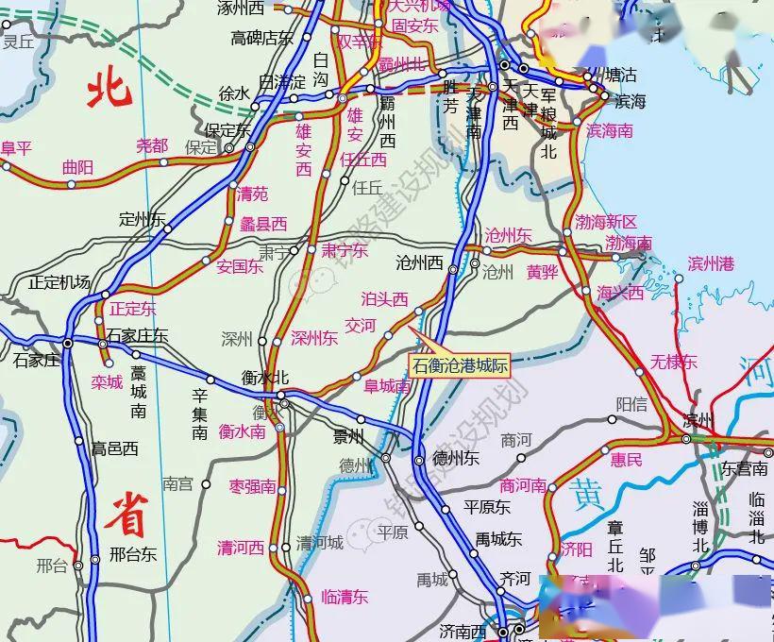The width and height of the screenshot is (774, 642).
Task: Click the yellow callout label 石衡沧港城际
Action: coord(461,365)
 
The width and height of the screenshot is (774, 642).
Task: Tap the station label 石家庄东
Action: coord(137,335)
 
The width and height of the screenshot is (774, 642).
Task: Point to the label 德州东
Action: coord(456,459)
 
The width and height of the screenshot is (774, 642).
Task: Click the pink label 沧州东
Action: coord(508,235)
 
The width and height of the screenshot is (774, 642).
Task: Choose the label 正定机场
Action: coord(59,281)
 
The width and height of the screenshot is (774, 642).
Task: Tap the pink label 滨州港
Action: coord(710,263)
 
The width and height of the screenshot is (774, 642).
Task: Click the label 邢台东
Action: coord(133,554)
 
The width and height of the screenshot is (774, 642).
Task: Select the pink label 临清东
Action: coord(345,596)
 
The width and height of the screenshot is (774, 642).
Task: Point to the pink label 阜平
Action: coord(16,147)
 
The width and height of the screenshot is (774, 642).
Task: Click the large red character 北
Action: coord(109,91)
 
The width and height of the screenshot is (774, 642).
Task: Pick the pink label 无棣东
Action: coord(673,362)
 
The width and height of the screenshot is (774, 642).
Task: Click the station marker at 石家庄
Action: coord(68,343)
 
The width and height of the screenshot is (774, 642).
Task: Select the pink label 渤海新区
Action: coord(606,222)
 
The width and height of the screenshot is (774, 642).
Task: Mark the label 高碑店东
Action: coord(262,38)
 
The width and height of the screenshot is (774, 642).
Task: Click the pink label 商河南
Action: coord(523,485)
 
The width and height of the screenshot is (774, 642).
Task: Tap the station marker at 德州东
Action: coord(418,461)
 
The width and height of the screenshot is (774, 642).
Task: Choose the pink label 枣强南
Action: coord(252,487)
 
